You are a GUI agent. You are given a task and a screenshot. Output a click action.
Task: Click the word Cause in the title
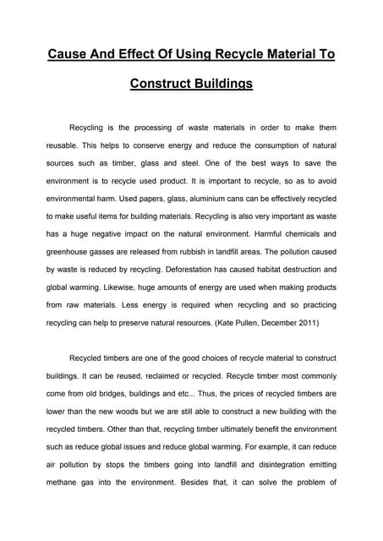pyautogui.click(x=68, y=55)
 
